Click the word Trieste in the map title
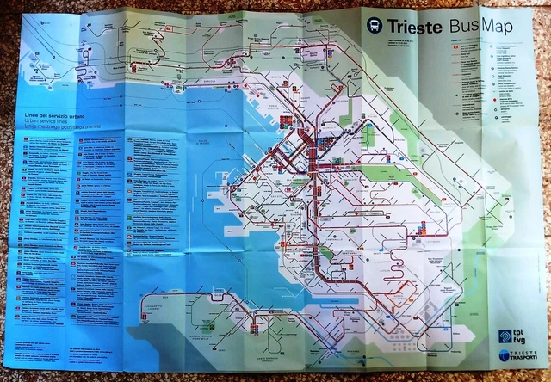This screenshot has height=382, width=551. [416, 26]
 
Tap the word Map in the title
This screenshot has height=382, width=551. [496, 27]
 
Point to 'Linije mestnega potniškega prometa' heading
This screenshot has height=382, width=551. [59, 127]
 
